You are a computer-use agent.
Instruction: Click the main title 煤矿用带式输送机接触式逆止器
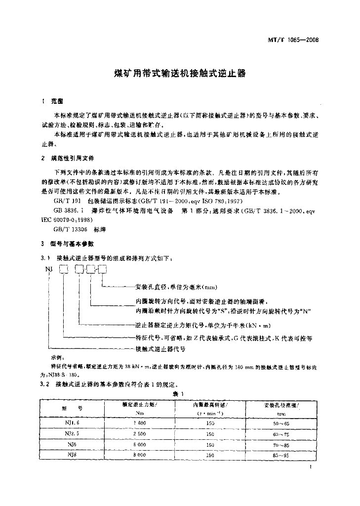pyautogui.click(x=180, y=73)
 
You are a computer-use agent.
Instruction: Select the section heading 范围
pyautogui.click(x=57, y=101)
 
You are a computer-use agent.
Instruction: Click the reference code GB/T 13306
pyautogui.click(x=69, y=230)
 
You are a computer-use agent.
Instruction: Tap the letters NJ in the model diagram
pyautogui.click(x=49, y=269)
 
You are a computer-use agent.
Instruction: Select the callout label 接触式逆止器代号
pyautogui.click(x=160, y=348)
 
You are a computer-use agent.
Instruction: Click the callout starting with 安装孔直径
pyautogui.click(x=176, y=287)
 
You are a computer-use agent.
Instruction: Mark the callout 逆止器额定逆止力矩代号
pyautogui.click(x=202, y=326)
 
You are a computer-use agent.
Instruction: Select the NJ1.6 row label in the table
pyautogui.click(x=71, y=423)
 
